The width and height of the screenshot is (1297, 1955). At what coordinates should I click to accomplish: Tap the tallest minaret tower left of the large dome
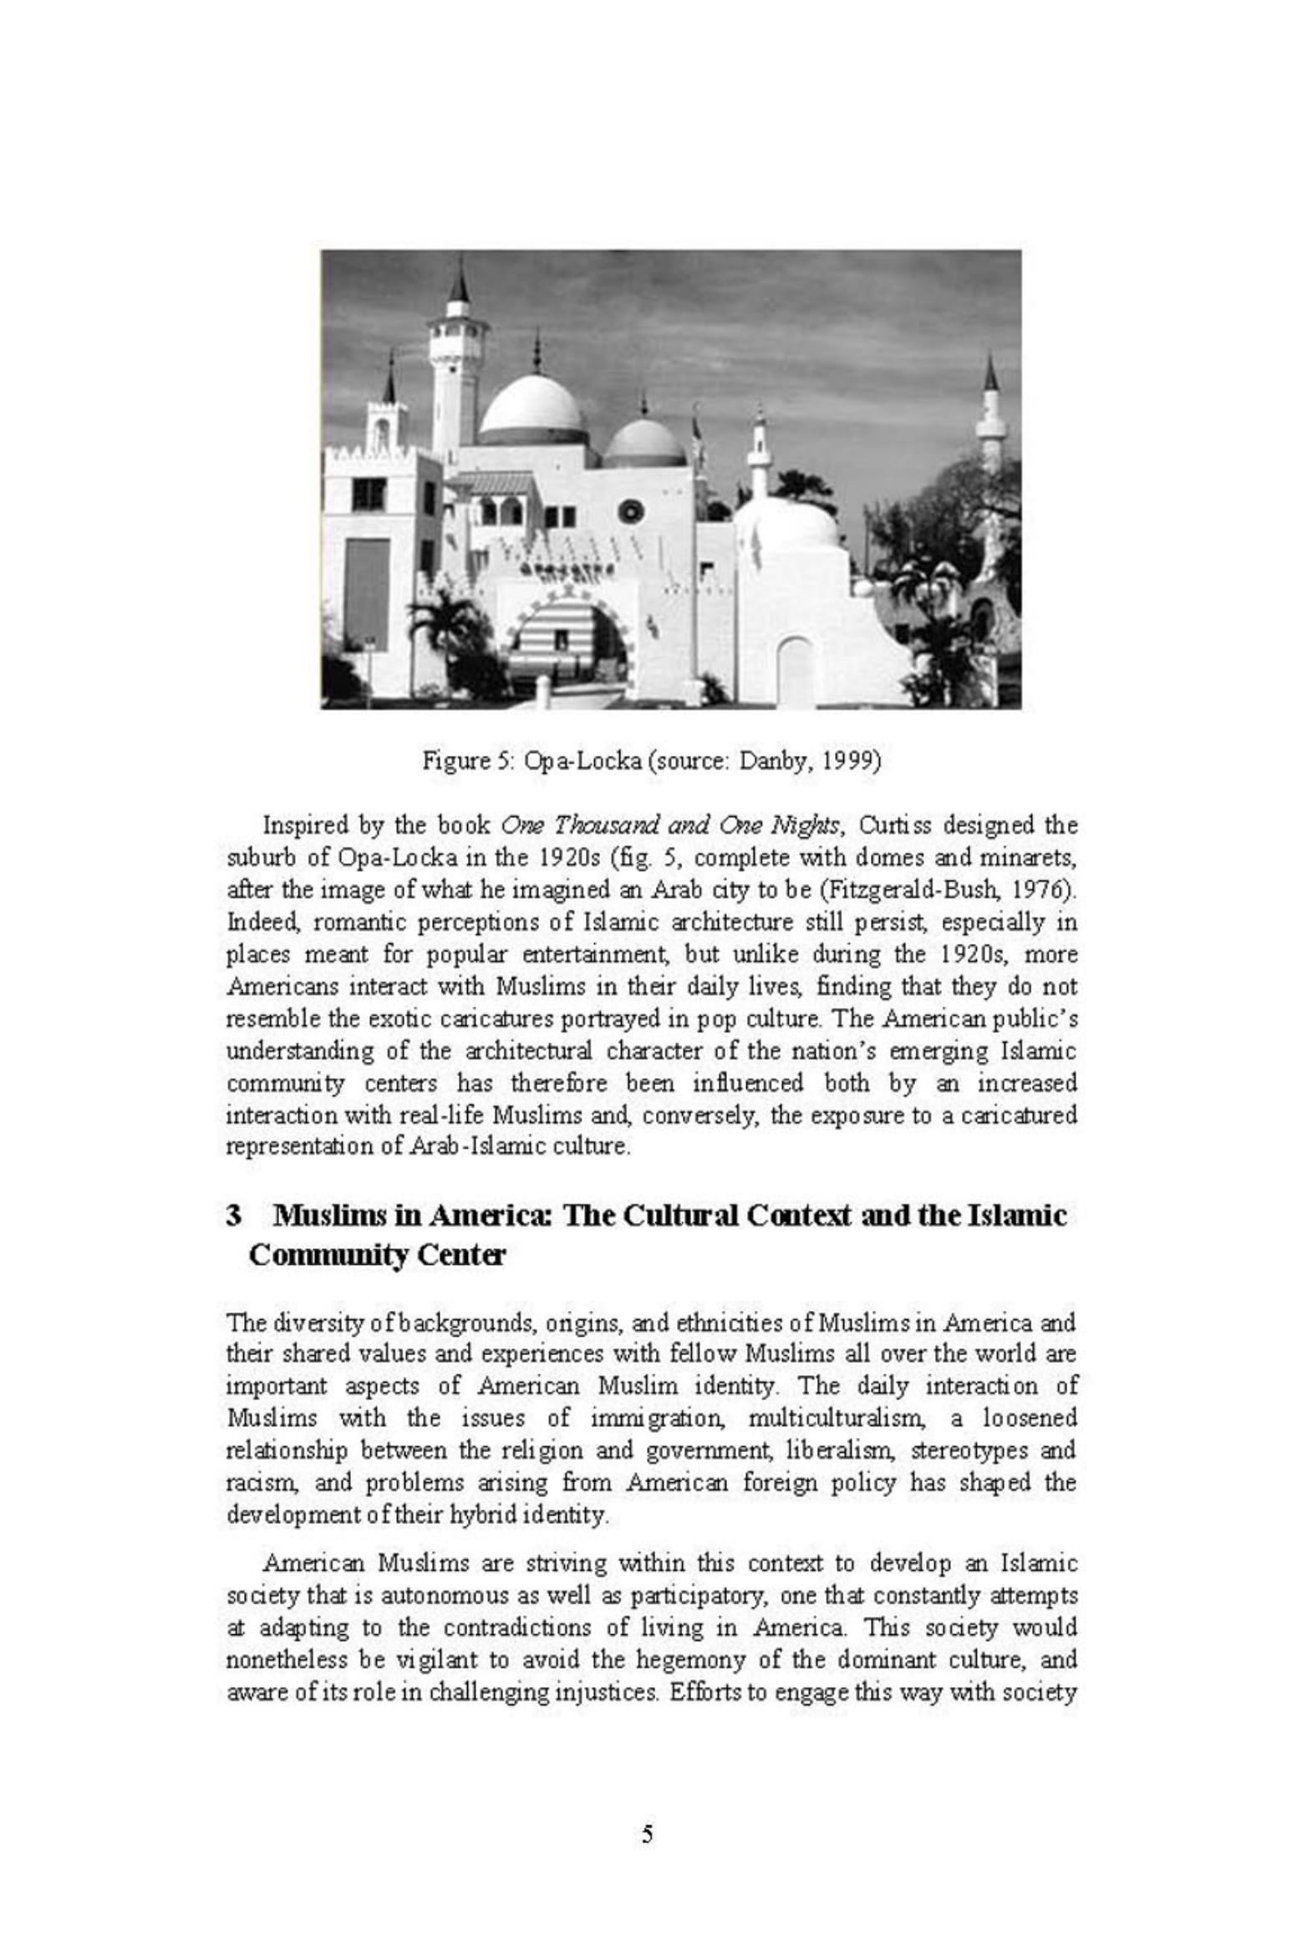tap(456, 368)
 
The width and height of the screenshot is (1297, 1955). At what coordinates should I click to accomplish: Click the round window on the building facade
tap(632, 510)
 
